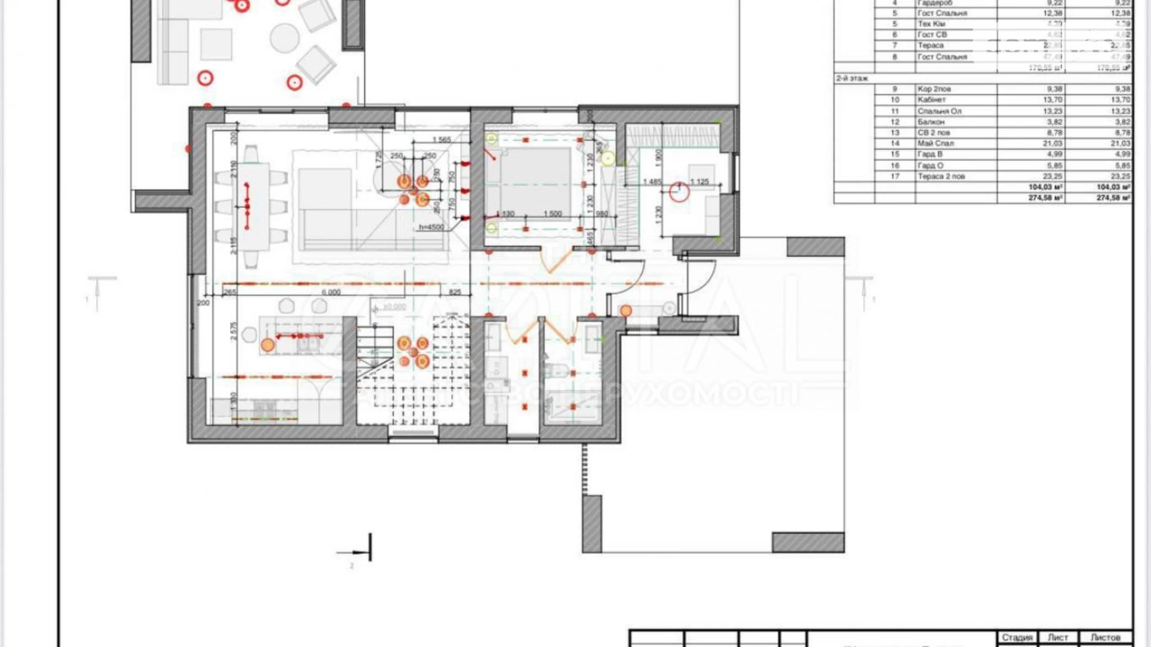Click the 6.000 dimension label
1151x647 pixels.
[330, 292]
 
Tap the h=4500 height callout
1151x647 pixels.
[431, 227]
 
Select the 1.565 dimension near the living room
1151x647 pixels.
[441, 140]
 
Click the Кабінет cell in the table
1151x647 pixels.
[931, 100]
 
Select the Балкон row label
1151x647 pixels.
[931, 122]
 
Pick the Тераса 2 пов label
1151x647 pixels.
[941, 176]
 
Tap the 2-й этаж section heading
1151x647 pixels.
[852, 78]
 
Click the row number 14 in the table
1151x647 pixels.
[895, 143]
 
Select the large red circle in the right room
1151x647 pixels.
[679, 192]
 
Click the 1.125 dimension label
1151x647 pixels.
[699, 182]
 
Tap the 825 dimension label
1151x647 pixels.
[455, 292]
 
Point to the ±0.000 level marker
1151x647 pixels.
[394, 307]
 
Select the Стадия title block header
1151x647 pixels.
[1017, 637]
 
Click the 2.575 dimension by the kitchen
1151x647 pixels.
[233, 332]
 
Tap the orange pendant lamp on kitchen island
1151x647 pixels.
[268, 345]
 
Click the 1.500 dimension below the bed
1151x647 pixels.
[552, 213]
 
